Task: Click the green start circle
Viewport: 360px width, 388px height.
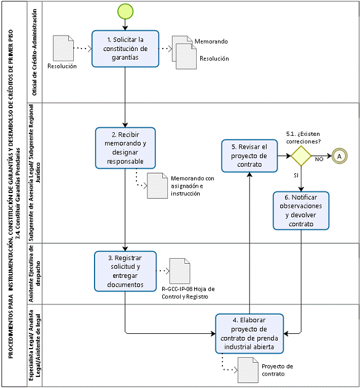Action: click(125, 12)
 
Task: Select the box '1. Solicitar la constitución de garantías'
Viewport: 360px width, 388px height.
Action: click(125, 49)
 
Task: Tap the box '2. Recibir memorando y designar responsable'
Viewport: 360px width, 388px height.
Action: click(125, 148)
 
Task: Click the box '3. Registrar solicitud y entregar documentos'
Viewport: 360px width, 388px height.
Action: click(125, 271)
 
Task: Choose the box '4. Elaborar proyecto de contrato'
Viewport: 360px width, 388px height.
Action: click(249, 333)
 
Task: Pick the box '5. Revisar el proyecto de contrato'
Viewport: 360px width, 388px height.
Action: click(249, 156)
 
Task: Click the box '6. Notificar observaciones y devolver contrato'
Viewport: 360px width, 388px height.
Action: click(301, 210)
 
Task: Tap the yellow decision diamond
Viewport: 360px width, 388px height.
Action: click(301, 156)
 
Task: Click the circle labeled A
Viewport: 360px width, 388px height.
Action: click(339, 156)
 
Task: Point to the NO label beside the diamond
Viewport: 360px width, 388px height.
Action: click(319, 159)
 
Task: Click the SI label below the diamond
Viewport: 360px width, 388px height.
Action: click(296, 175)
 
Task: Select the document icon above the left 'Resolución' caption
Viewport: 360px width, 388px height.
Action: click(63, 48)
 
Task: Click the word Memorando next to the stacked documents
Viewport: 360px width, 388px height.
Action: click(211, 41)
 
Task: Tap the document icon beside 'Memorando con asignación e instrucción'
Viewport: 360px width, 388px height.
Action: click(157, 186)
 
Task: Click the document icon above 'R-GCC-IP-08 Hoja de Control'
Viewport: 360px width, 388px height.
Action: click(180, 271)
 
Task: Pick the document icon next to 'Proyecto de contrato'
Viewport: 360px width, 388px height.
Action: click(248, 370)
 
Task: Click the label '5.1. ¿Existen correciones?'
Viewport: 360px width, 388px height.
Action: click(303, 138)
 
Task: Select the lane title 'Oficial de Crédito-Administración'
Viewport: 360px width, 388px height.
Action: click(34, 52)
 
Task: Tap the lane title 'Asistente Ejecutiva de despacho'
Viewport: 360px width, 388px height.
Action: click(34, 274)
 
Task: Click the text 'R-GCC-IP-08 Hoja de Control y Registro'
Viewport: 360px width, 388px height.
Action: click(188, 293)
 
